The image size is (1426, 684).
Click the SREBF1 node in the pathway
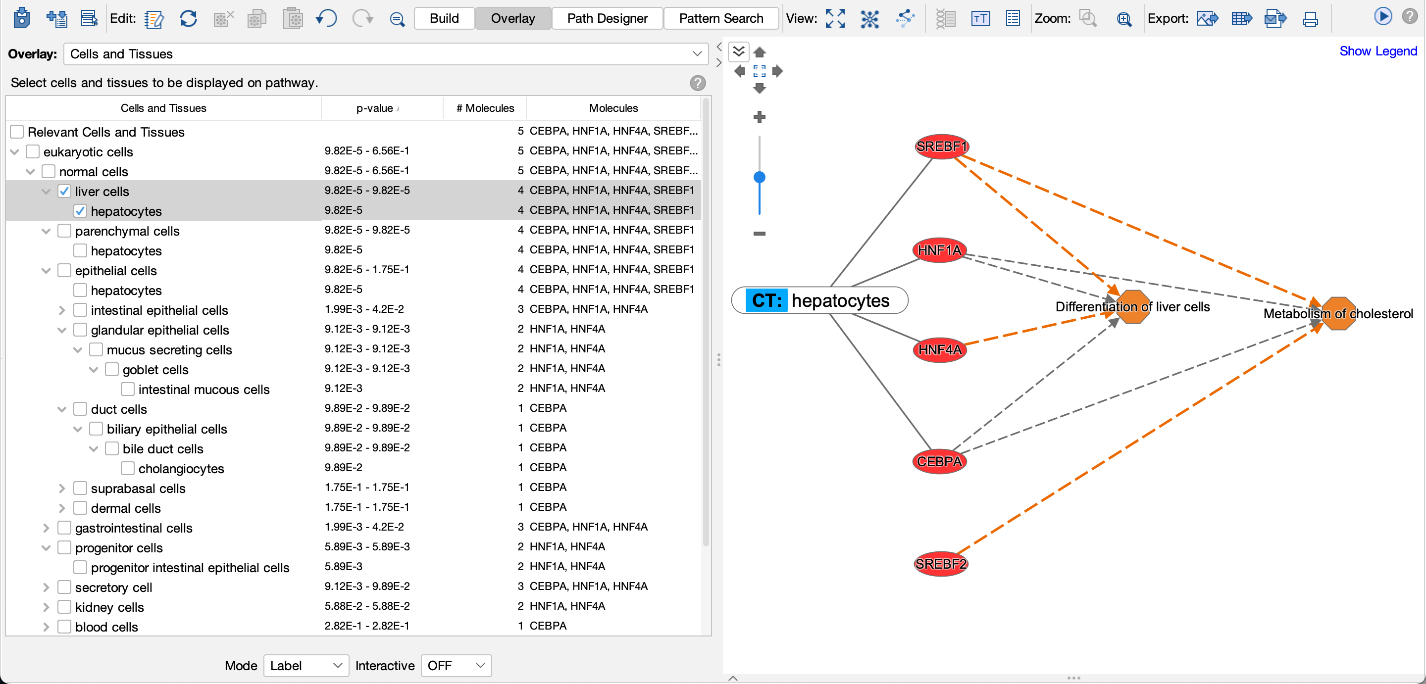[941, 147]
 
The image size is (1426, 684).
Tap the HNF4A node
[939, 350]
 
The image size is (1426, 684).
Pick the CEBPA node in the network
[939, 462]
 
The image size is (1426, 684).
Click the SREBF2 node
[941, 564]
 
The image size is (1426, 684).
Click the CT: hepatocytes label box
[820, 300]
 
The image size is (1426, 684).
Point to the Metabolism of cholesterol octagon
[1338, 314]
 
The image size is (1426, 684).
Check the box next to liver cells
[64, 192]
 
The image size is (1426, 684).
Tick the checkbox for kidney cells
[64, 607]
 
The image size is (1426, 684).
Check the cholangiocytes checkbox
[127, 469]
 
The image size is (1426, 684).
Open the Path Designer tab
[607, 18]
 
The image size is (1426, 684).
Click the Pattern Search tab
[721, 18]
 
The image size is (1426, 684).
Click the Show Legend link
[1378, 51]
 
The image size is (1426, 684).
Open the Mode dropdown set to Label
[306, 665]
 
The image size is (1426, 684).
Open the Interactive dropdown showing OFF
[456, 665]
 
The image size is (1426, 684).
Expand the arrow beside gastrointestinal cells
[46, 528]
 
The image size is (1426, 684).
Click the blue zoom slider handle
[760, 177]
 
